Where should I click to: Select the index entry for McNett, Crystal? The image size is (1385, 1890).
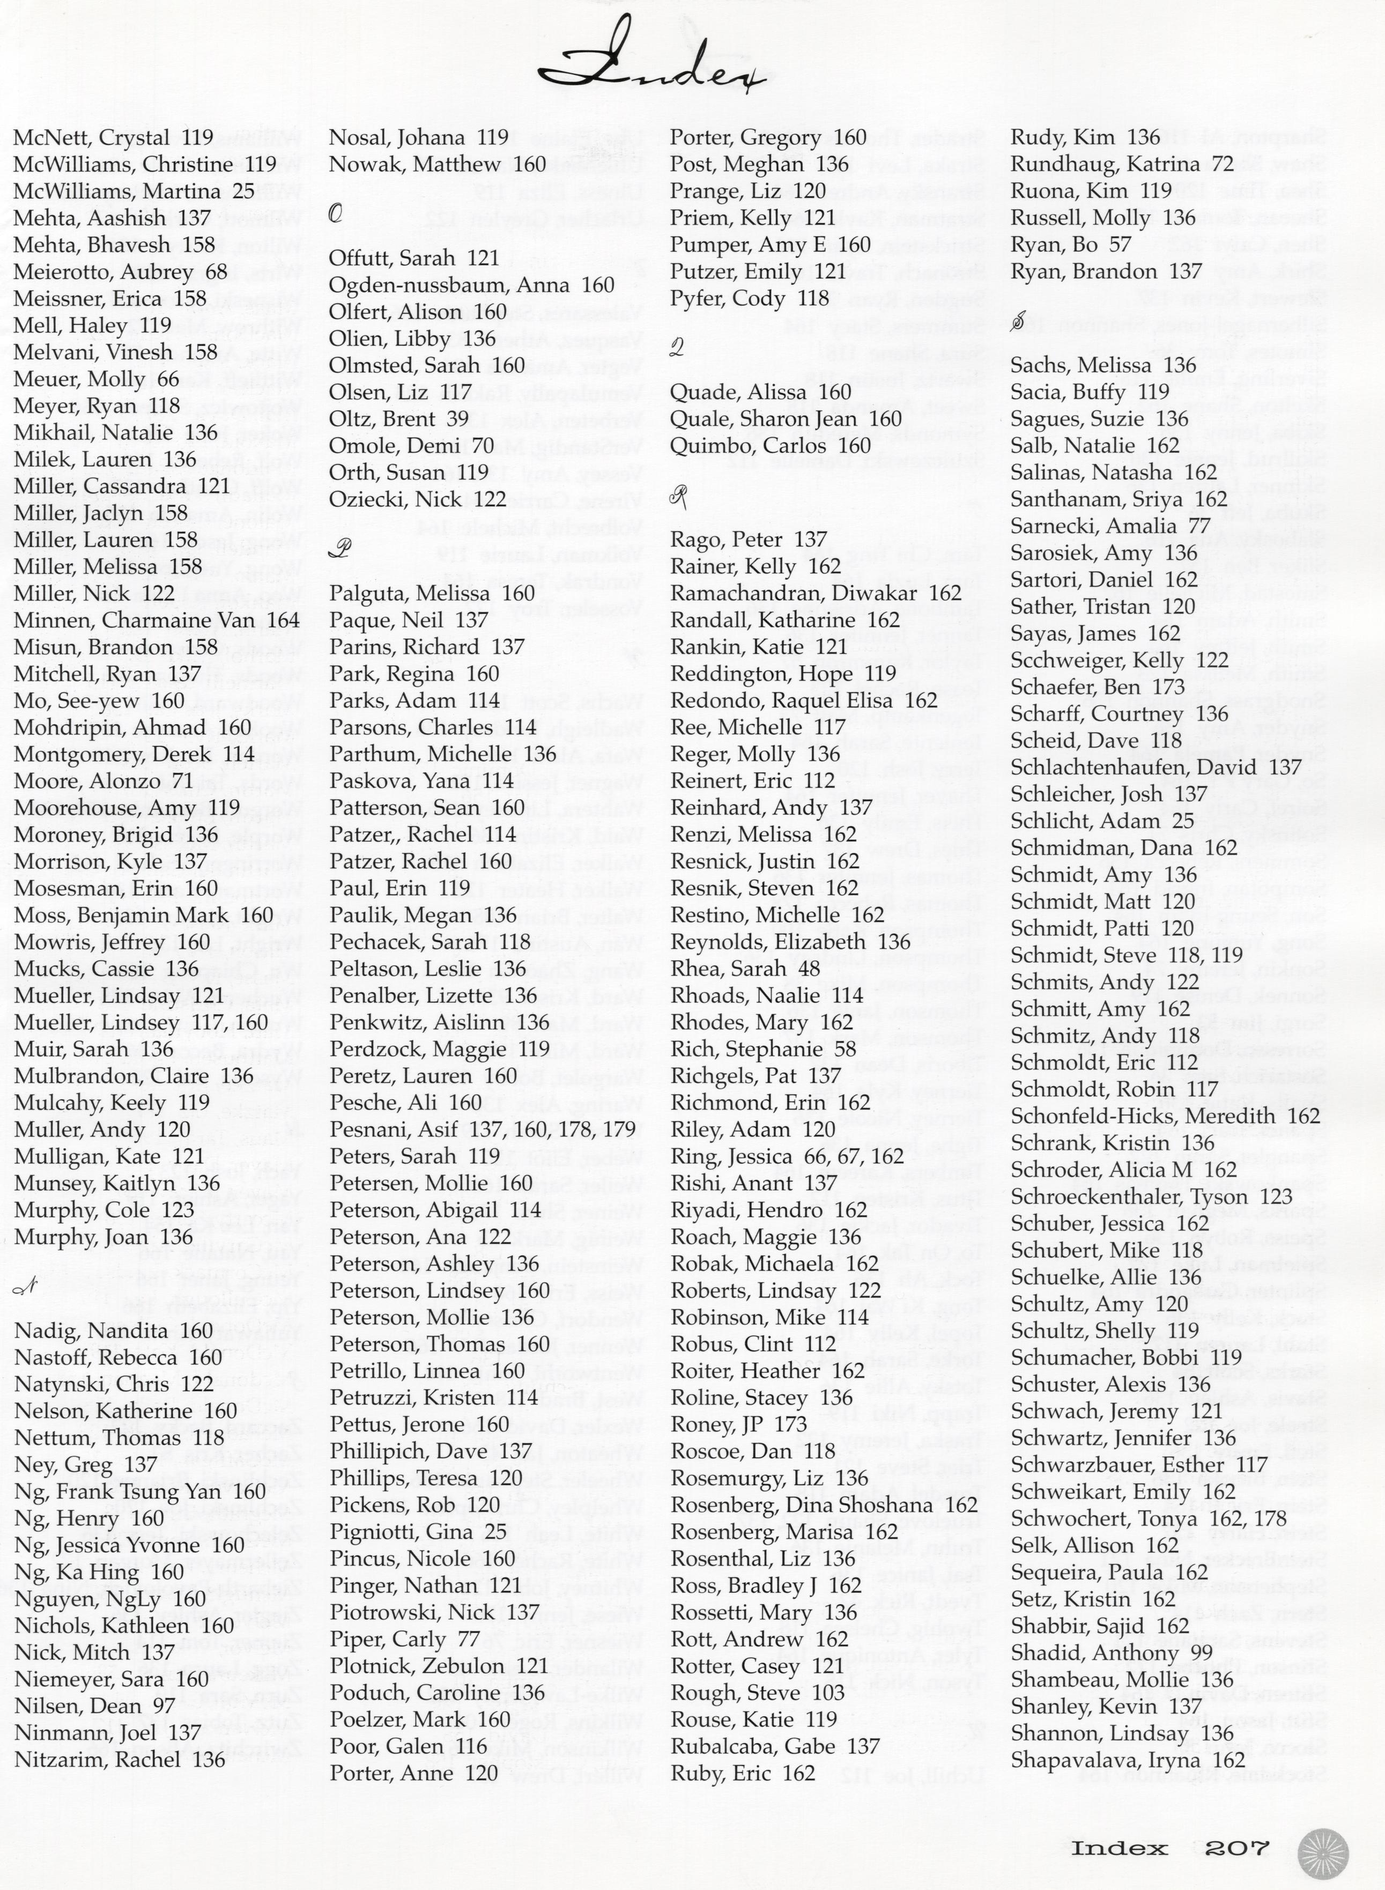[x=113, y=137]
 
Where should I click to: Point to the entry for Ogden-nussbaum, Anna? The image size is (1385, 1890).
[x=471, y=285]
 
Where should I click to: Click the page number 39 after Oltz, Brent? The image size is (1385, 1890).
[x=457, y=419]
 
